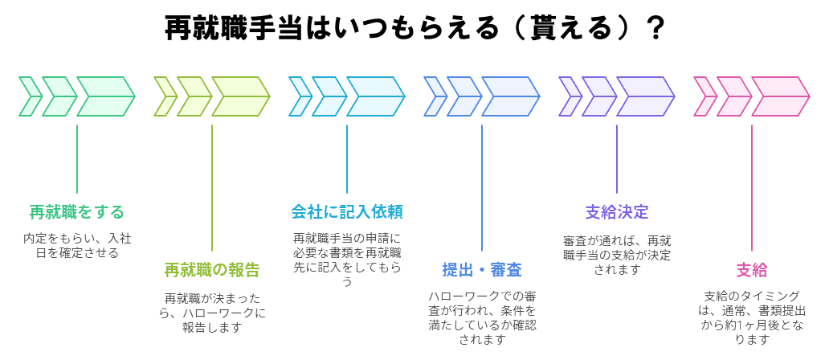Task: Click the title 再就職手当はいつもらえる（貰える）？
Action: [x=414, y=28]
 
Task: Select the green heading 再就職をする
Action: [x=77, y=212]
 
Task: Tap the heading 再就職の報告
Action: [x=212, y=270]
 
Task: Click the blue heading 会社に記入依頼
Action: [x=347, y=212]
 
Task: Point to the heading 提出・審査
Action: [x=482, y=270]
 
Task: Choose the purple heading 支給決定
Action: [x=617, y=212]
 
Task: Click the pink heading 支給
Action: [x=752, y=270]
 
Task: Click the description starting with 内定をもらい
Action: [x=77, y=245]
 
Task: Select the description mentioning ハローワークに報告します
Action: [x=212, y=312]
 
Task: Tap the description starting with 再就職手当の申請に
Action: [x=347, y=259]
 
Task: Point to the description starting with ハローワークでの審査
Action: [x=482, y=317]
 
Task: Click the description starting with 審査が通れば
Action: [x=617, y=254]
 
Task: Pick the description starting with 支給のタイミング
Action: [x=752, y=317]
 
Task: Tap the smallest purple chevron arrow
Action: [x=569, y=96]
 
